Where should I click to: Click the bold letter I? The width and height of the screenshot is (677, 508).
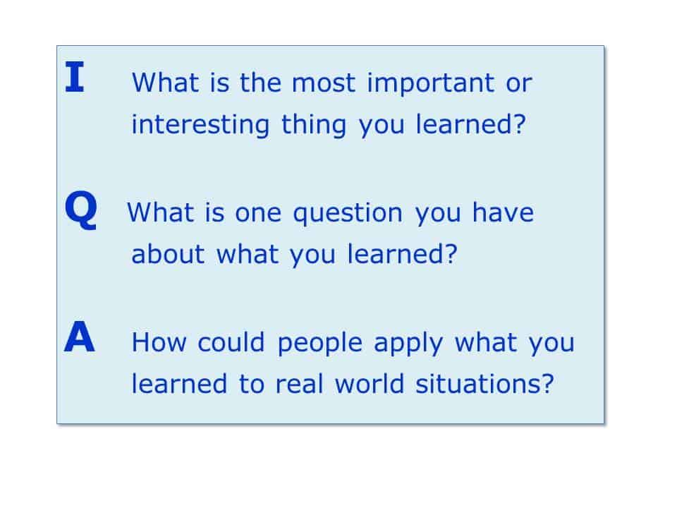tap(75, 76)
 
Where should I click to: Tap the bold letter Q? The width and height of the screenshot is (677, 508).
tap(80, 210)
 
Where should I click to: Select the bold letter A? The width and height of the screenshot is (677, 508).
tap(80, 337)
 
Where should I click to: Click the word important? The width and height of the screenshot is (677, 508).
tap(430, 84)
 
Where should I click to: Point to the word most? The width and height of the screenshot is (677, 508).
tap(324, 83)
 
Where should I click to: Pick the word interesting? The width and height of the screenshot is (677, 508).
tap(200, 126)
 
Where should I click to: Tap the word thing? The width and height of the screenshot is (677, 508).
tap(314, 126)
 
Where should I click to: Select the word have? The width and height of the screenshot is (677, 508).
tap(503, 212)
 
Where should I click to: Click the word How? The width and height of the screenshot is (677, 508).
tap(159, 342)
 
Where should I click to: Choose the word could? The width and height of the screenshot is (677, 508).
tap(231, 342)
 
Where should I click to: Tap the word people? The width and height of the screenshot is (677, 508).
tap(319, 344)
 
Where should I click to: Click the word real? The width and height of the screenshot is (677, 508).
tap(299, 384)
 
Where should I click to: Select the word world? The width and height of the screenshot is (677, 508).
tap(369, 384)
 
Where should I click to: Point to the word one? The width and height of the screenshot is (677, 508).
tap(258, 214)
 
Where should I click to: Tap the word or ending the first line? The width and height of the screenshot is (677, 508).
tap(519, 84)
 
